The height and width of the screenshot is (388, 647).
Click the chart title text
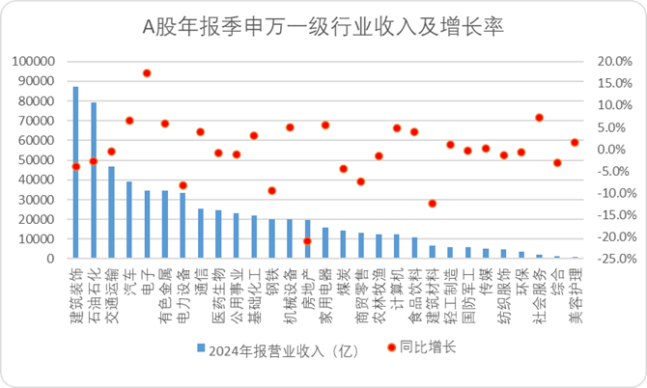tap(324, 22)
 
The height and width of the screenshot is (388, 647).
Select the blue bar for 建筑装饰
tap(76, 174)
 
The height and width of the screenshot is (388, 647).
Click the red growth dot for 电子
tap(147, 73)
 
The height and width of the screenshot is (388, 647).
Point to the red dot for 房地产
tap(307, 241)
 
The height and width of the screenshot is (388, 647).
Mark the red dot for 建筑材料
tap(433, 204)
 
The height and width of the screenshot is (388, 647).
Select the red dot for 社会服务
tap(539, 118)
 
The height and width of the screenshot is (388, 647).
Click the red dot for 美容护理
tap(575, 143)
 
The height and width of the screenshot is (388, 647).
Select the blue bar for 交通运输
tap(111, 212)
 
